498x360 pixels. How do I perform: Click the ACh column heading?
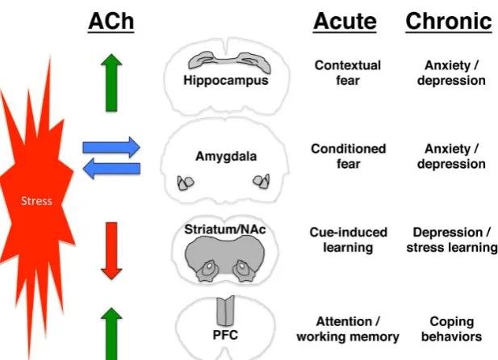coord(111,21)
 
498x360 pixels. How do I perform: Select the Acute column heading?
coord(345,21)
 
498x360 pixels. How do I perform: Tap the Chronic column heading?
coord(449,21)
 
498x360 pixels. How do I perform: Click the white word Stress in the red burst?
coord(36,201)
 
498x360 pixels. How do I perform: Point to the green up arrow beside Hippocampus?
coord(111,82)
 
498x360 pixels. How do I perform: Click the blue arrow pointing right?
coord(111,147)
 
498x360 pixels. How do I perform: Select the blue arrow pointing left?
coord(111,169)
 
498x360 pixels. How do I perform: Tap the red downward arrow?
coord(111,251)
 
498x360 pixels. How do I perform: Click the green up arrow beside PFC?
coord(111,333)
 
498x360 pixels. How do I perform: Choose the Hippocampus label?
coord(226,80)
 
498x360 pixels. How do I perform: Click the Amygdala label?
coord(226,156)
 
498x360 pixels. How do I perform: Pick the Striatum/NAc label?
coord(225,229)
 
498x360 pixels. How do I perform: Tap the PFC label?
coord(225,335)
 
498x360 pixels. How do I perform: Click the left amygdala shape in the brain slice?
coord(186,183)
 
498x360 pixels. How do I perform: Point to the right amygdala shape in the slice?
coord(262,181)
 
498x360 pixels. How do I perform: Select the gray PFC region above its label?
coord(225,311)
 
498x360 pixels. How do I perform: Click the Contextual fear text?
coord(348,73)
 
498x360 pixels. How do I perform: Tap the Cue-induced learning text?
coord(348,240)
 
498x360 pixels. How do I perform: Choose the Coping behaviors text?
coord(452,329)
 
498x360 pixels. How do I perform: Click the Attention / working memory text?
coord(348,329)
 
